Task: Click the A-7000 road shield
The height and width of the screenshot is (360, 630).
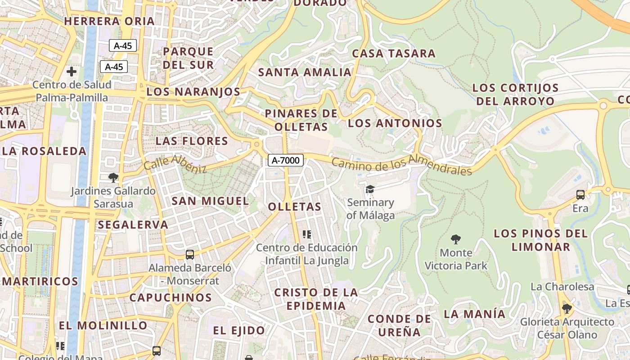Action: tap(286, 160)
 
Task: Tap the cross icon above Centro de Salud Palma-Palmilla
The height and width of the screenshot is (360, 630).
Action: tap(71, 72)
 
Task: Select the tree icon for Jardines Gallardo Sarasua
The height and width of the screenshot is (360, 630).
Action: tap(113, 178)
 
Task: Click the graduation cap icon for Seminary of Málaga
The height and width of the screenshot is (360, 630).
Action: tap(370, 189)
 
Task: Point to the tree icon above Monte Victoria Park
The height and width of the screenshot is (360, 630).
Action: tap(456, 239)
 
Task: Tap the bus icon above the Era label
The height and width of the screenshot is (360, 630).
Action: tap(580, 195)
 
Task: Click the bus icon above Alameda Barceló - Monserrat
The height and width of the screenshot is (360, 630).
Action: tap(190, 255)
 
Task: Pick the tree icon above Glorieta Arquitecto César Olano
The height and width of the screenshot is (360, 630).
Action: tap(567, 308)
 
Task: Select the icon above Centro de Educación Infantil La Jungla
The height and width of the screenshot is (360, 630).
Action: tap(307, 234)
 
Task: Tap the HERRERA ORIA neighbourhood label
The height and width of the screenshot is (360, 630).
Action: tap(109, 21)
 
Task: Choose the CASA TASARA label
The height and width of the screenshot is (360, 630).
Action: tap(394, 53)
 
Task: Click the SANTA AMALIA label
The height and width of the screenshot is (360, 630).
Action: tap(305, 72)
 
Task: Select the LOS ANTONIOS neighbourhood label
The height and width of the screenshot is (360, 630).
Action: tap(395, 123)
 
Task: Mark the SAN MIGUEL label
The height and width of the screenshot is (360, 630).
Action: tap(210, 201)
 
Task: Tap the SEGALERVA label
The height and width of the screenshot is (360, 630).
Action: tap(133, 225)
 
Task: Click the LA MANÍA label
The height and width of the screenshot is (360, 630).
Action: tap(475, 314)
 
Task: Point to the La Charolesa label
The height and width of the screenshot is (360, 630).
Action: tap(562, 287)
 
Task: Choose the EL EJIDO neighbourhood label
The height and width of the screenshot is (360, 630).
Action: tap(239, 331)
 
